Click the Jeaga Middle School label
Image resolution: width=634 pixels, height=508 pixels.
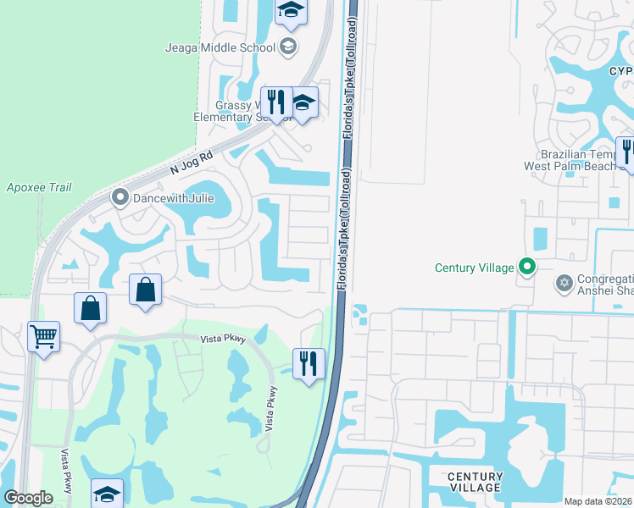tap(220, 47)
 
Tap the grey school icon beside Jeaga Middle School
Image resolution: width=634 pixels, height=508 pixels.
tap(288, 47)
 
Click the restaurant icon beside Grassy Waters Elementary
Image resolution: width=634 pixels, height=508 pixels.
tap(276, 102)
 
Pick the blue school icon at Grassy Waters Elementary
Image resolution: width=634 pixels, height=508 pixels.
tap(303, 103)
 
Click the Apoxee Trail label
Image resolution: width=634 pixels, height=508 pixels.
tap(39, 188)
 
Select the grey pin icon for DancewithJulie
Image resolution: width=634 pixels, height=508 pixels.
tap(120, 199)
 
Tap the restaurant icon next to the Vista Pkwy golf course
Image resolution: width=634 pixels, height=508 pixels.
tap(309, 363)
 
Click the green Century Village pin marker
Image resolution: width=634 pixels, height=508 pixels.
tap(527, 268)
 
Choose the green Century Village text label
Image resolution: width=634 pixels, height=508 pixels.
tap(474, 268)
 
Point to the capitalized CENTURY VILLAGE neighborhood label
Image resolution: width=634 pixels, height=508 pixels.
tap(475, 483)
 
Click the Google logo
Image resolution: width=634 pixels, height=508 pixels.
tap(28, 498)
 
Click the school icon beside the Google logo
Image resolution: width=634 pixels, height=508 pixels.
tap(108, 494)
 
